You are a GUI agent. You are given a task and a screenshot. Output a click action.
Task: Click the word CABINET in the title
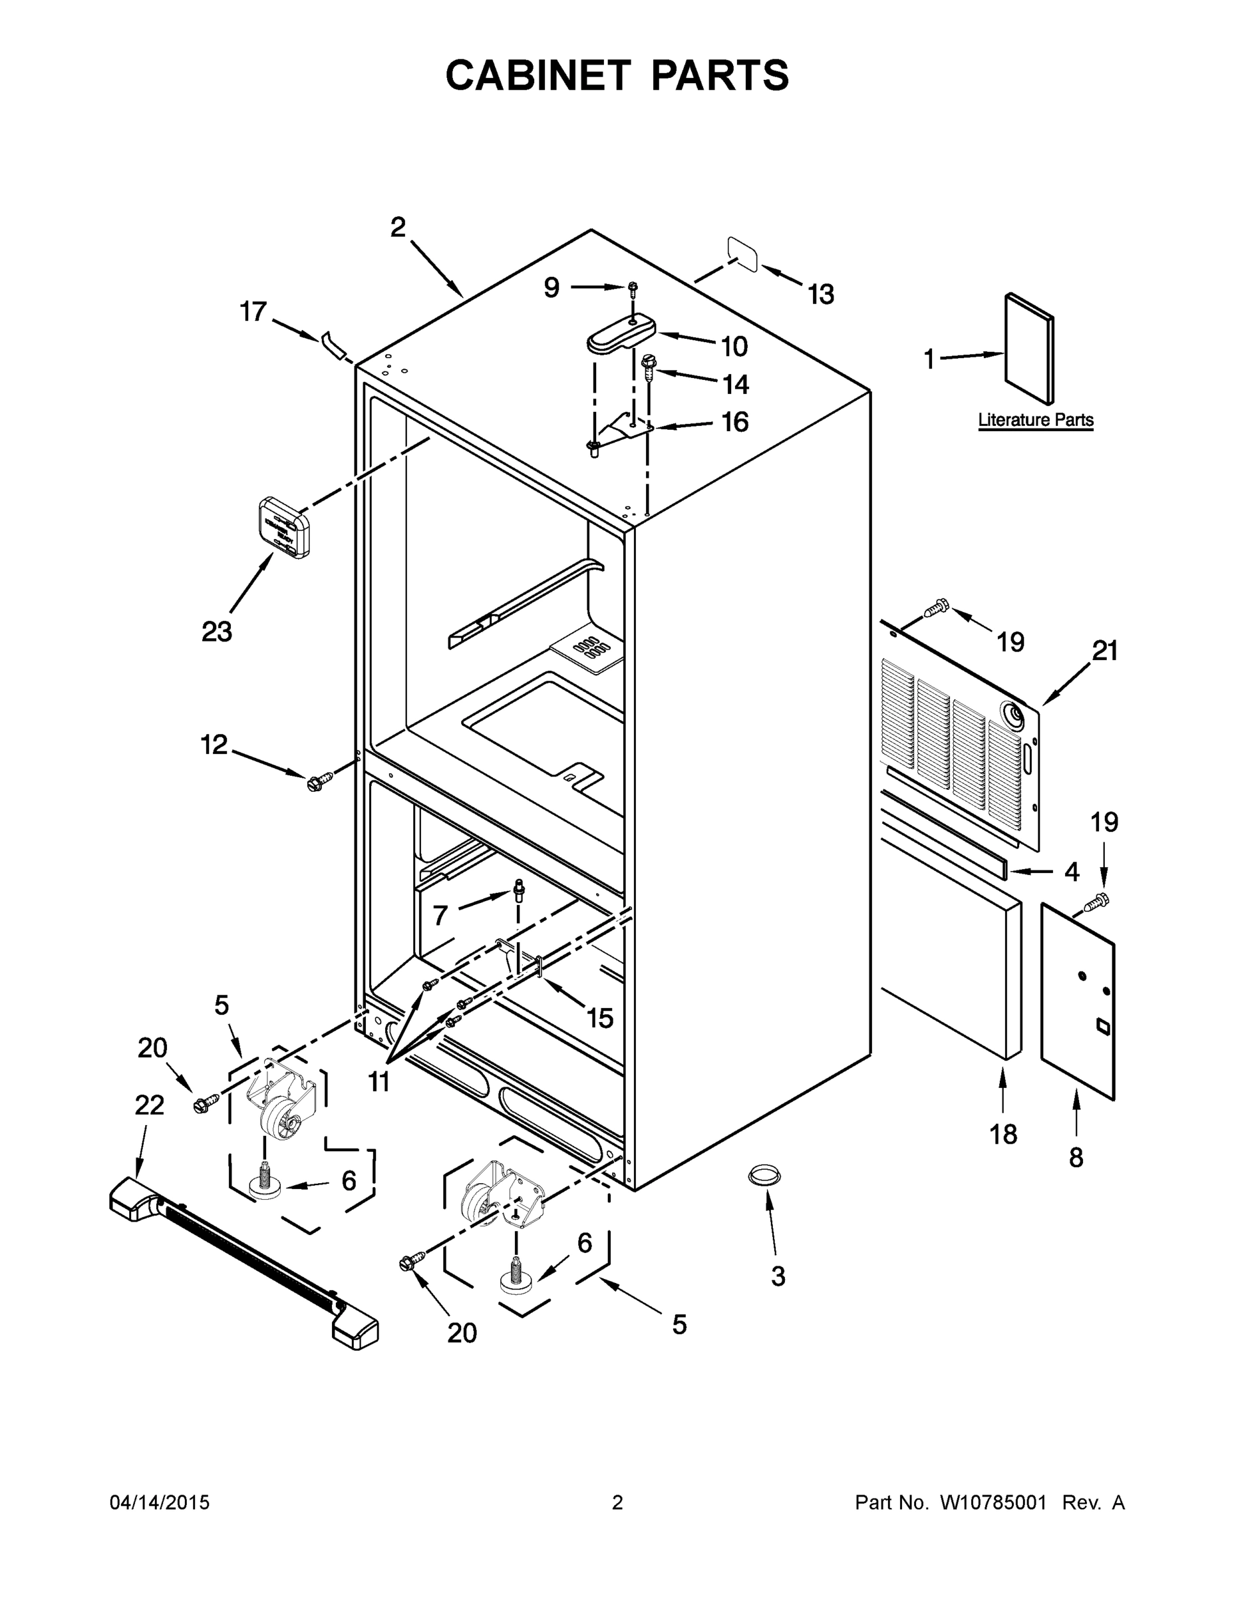point(538,75)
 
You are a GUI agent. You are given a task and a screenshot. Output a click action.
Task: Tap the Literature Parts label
point(1035,420)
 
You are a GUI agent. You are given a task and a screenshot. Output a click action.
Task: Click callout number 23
point(216,631)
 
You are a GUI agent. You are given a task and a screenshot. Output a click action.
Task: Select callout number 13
point(821,295)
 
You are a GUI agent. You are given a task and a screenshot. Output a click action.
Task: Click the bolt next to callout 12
point(319,782)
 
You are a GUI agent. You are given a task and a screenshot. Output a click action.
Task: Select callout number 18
point(1003,1134)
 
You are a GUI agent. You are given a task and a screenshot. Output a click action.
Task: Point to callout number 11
point(379,1081)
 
